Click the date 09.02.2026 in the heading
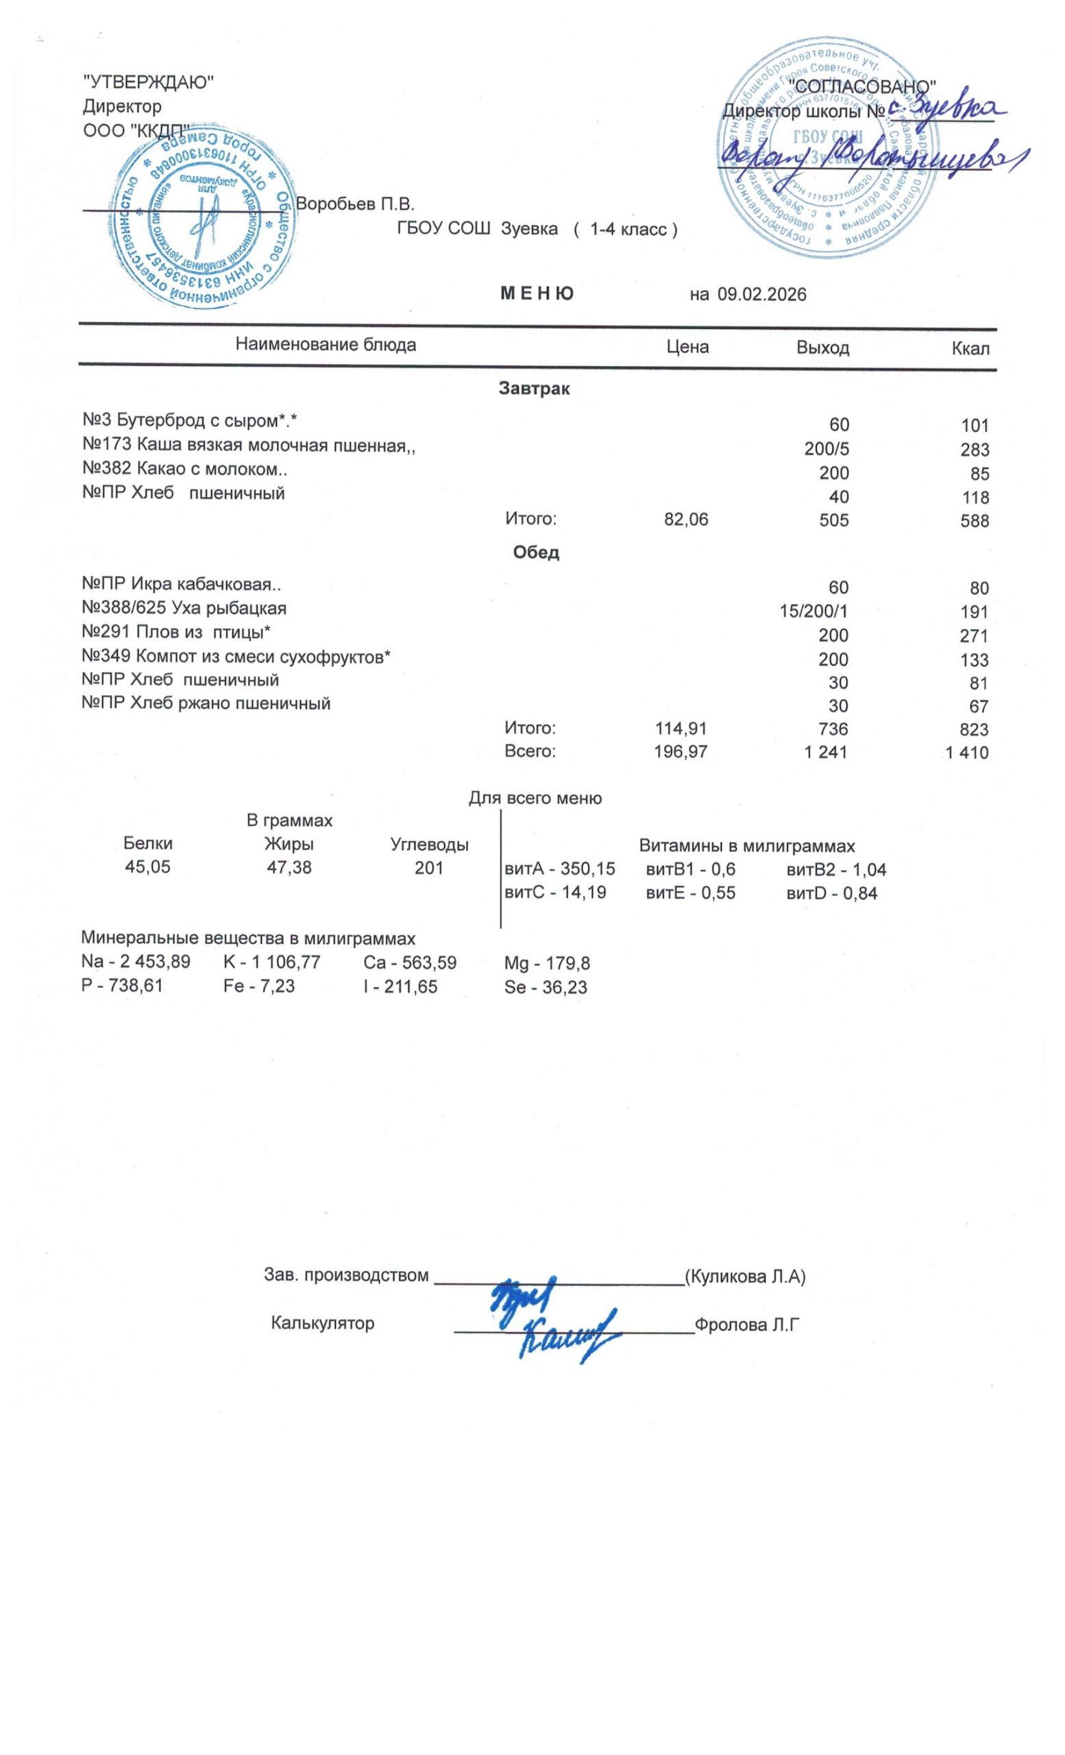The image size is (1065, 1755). click(761, 295)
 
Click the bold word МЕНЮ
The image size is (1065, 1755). click(537, 293)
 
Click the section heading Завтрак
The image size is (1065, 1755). click(534, 389)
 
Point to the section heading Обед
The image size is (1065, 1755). click(536, 553)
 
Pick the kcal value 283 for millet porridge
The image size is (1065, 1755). click(974, 450)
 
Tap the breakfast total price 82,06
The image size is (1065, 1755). click(685, 520)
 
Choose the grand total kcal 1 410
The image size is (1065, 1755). click(967, 753)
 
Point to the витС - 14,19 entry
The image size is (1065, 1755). click(554, 892)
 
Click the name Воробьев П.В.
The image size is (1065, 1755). click(354, 204)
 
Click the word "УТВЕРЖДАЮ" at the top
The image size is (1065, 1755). click(149, 83)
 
